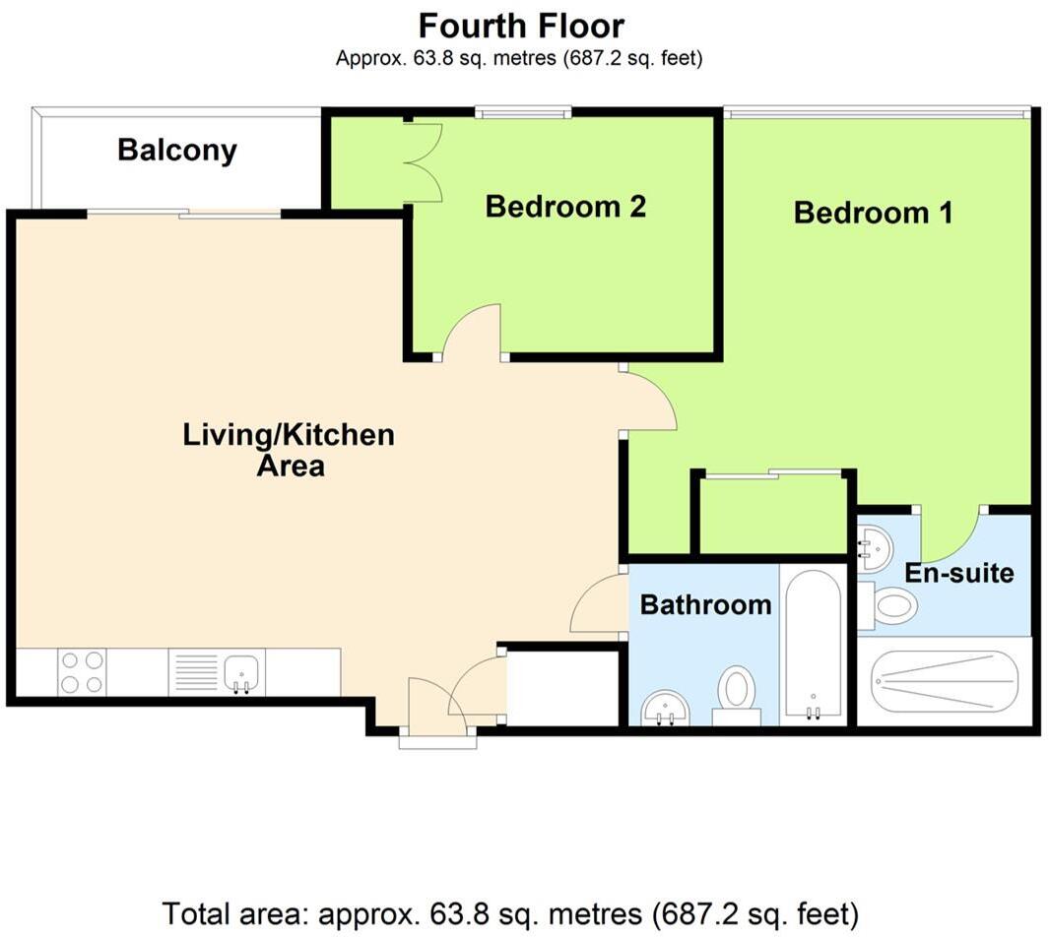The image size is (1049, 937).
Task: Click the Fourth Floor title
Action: click(521, 27)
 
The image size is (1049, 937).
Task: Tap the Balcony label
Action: click(177, 150)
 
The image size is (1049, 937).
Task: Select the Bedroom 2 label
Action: click(565, 206)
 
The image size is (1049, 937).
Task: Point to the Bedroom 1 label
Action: click(873, 213)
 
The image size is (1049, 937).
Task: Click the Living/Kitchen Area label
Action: click(289, 450)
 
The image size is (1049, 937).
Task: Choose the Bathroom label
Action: click(706, 605)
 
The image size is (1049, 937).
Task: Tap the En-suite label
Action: click(959, 573)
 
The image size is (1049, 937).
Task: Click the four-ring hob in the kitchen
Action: click(82, 672)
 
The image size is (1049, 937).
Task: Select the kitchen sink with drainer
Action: click(217, 672)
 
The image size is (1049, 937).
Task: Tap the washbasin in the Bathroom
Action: click(665, 707)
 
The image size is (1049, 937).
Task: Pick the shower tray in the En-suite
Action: click(944, 682)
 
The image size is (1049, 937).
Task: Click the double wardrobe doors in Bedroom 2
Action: click(425, 161)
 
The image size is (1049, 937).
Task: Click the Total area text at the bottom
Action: click(510, 913)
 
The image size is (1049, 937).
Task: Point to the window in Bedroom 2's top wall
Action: click(524, 111)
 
